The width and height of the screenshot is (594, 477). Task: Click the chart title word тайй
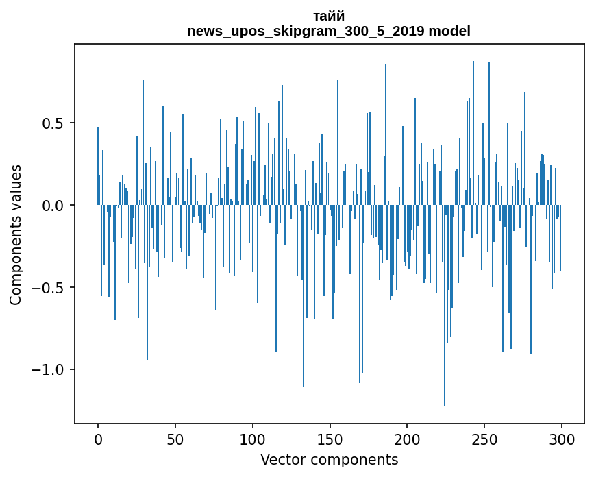coord(329,16)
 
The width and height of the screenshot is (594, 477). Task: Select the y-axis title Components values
coord(16,234)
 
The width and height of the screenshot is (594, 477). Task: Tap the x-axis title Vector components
coord(329,459)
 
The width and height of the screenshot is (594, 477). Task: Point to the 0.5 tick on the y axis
coord(54,123)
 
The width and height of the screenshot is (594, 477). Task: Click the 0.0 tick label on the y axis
coord(54,206)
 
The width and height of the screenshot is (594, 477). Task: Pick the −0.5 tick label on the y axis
coord(49,288)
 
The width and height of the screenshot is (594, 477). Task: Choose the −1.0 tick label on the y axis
coord(49,370)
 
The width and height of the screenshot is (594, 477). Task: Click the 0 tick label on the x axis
coord(98,439)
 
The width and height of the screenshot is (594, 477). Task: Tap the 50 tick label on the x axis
coord(175,439)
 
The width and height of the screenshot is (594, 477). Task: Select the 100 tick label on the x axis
coord(253,439)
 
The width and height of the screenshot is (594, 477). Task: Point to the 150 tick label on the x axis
coord(330,439)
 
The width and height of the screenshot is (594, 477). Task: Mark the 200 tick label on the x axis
coord(408,439)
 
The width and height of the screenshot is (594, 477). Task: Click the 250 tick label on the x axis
coord(484,439)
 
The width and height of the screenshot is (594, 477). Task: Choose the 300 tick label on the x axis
coord(562,439)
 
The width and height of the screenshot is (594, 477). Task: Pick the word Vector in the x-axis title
coord(282,459)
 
